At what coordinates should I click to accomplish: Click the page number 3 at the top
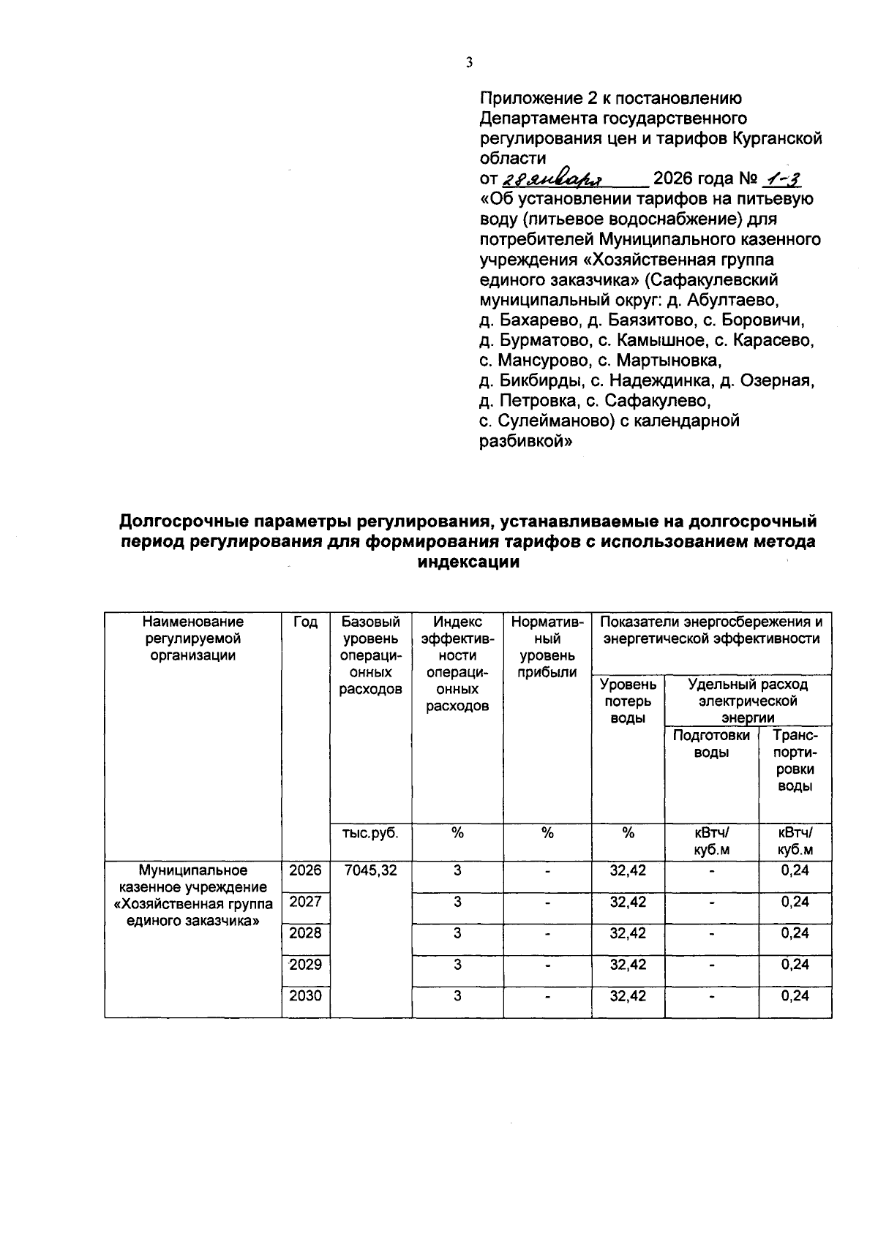click(x=469, y=63)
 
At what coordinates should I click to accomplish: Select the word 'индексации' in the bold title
click(x=468, y=562)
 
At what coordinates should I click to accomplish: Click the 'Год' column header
click(x=306, y=622)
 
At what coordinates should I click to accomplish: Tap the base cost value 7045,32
click(x=371, y=870)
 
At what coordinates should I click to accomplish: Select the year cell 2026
click(x=306, y=870)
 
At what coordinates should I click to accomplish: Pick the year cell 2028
click(x=306, y=933)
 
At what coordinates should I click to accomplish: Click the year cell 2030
click(x=306, y=995)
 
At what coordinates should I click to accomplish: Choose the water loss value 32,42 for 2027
click(x=629, y=902)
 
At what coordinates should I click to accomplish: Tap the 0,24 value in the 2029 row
click(x=795, y=965)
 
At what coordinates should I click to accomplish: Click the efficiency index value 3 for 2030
click(x=457, y=995)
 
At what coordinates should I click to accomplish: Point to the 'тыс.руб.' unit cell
click(x=371, y=833)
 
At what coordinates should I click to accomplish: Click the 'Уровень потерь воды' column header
click(x=629, y=701)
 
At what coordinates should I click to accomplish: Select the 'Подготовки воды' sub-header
click(x=711, y=744)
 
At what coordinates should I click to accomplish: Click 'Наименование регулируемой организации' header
click(x=193, y=638)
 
